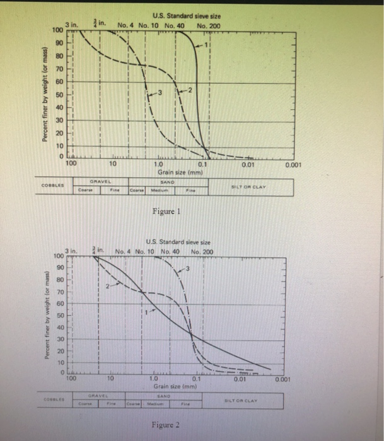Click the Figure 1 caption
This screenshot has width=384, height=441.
point(168,211)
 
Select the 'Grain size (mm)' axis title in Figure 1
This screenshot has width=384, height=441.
point(178,171)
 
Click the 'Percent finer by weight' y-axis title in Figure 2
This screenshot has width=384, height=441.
point(47,314)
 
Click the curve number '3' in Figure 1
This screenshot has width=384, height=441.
point(160,93)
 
